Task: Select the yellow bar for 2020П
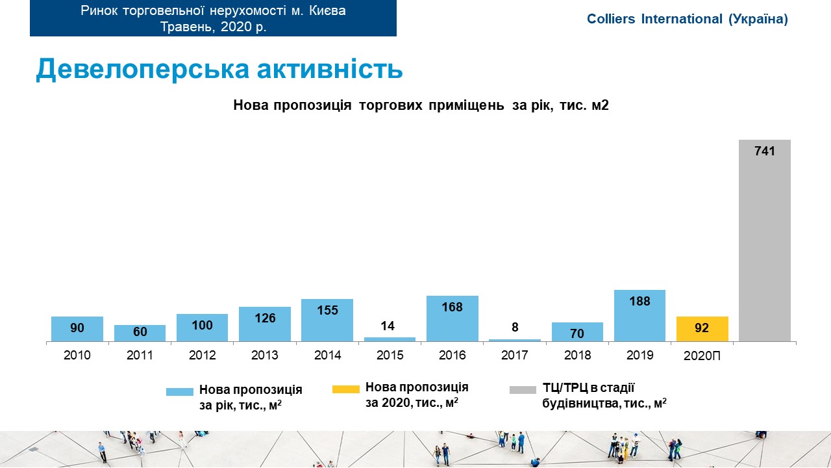702,330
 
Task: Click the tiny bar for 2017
515,340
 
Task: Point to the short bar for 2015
390,339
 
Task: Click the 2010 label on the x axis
77,356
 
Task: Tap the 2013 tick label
265,356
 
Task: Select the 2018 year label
577,356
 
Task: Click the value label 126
265,318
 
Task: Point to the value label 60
140,332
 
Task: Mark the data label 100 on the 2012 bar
203,325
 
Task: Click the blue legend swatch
180,392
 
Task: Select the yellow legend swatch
345,389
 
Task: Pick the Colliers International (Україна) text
687,19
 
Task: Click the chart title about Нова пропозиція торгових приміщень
421,105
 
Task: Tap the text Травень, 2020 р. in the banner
214,27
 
